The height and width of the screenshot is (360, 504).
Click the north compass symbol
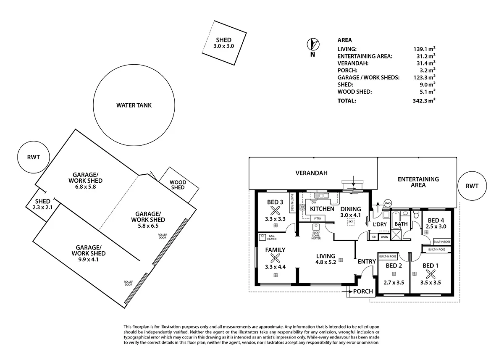pyautogui.click(x=313, y=44)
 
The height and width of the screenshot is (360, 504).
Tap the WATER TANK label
pyautogui.click(x=134, y=105)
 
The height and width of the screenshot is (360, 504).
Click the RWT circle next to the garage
pyautogui.click(x=34, y=157)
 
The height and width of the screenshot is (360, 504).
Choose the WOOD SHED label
pyautogui.click(x=178, y=185)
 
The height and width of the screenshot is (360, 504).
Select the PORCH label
pyautogui.click(x=362, y=291)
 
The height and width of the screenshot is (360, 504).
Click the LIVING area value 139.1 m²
pyautogui.click(x=424, y=49)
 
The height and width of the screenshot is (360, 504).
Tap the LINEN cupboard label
pyautogui.click(x=384, y=237)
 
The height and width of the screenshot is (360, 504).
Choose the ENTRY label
pyautogui.click(x=367, y=262)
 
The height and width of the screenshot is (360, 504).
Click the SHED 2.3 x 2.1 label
pyautogui.click(x=43, y=204)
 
